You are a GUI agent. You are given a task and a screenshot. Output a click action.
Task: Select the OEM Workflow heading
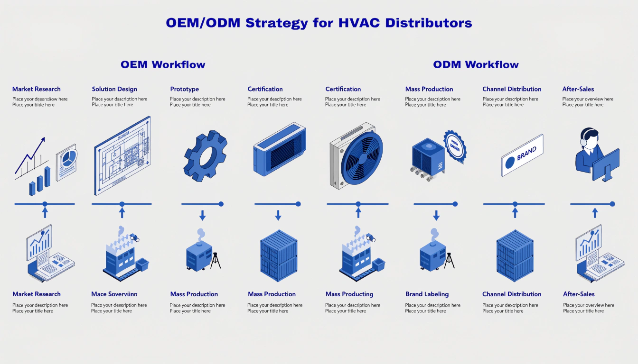tap(163, 64)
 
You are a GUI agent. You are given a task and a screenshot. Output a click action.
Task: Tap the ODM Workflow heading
tap(476, 64)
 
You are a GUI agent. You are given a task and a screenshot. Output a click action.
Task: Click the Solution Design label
tap(114, 89)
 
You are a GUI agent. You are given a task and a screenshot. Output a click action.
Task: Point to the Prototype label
tap(184, 89)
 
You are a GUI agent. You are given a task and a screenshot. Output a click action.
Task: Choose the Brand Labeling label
tap(427, 294)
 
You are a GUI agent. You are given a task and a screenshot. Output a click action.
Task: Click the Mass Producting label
tap(349, 294)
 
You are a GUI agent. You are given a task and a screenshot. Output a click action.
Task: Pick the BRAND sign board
tap(522, 155)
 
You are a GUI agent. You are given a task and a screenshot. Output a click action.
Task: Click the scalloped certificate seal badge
tap(454, 146)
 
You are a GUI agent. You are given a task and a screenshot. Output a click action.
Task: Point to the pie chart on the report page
tap(67, 159)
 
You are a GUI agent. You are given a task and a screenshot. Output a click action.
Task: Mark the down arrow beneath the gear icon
tap(202, 216)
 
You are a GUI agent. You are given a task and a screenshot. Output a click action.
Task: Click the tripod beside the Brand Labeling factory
tap(449, 260)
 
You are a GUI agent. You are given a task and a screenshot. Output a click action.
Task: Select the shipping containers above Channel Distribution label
tap(515, 256)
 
